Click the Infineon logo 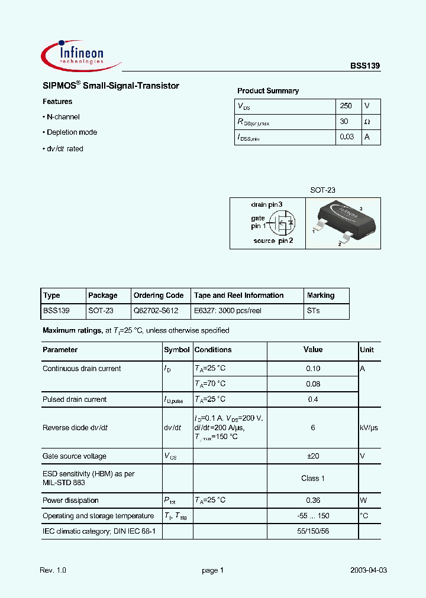click(80, 54)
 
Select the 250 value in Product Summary click(346, 106)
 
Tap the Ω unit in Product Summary click(367, 122)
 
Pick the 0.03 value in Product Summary click(347, 137)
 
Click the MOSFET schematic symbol click(281, 225)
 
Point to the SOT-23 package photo click(343, 223)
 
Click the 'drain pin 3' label click(266, 204)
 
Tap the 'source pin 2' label click(273, 240)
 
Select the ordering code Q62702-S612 click(155, 311)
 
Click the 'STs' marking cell click(314, 311)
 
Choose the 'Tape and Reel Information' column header click(238, 295)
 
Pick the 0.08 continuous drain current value click(313, 383)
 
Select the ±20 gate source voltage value click(313, 456)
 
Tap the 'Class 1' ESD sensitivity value click(313, 478)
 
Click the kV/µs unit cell click(368, 428)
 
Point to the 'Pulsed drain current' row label click(75, 399)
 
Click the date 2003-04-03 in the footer click(369, 570)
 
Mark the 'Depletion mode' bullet click(72, 132)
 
